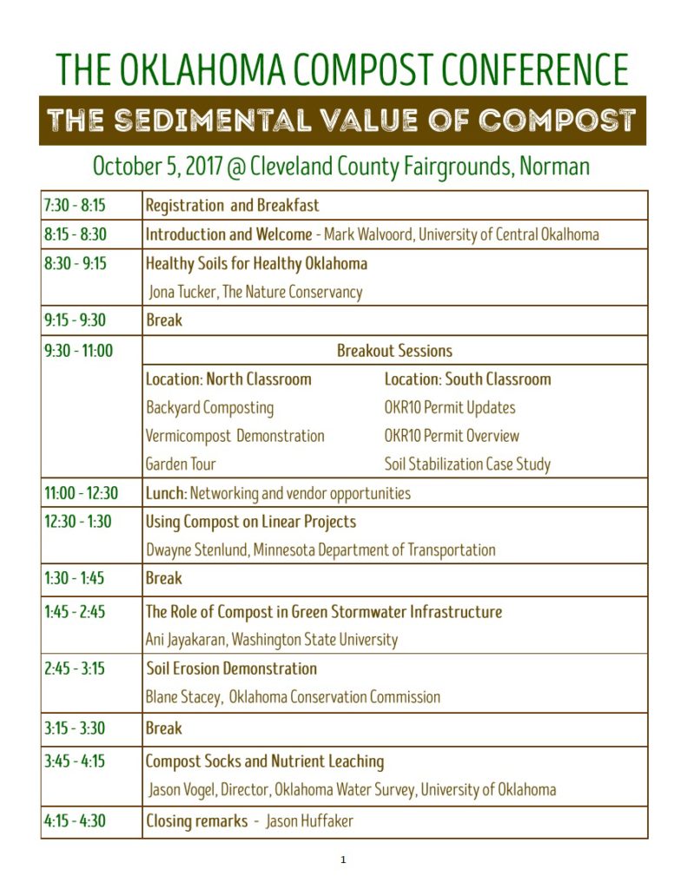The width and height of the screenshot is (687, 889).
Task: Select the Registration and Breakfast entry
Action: point(232,206)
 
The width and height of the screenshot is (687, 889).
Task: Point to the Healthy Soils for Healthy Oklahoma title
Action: point(256,263)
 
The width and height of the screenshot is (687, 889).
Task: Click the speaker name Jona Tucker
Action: point(182,292)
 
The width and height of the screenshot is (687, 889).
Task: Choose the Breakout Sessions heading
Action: point(394,351)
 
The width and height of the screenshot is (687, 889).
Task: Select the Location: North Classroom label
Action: point(228,379)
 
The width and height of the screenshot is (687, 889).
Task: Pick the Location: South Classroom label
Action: point(467,379)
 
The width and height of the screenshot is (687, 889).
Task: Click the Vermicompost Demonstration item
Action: point(235,436)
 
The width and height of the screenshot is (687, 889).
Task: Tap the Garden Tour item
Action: point(181,464)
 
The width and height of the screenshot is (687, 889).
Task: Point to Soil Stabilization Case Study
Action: point(467,464)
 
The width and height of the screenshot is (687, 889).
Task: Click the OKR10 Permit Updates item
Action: point(450,407)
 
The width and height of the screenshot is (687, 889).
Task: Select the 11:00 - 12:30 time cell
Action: point(81,493)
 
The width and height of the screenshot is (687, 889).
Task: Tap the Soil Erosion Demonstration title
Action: point(231,668)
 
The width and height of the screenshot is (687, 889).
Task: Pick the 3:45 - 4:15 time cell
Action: point(75,761)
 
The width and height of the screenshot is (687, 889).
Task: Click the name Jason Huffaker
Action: point(309,821)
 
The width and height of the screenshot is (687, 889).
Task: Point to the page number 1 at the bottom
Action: point(343,860)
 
